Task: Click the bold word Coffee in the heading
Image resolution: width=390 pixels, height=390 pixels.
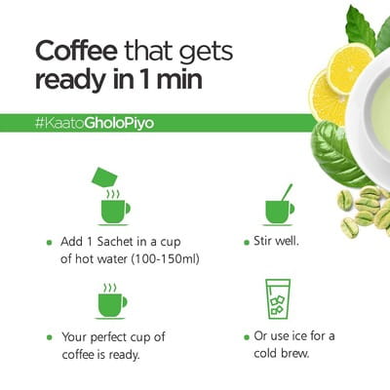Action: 76,51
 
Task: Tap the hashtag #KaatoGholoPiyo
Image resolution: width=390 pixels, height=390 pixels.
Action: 95,123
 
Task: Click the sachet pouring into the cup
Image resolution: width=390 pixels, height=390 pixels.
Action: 104,177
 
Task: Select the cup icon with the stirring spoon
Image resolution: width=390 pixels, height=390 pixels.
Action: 279,206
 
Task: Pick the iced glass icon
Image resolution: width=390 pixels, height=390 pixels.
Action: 277,299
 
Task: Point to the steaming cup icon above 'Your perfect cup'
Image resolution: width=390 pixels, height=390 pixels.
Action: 111,301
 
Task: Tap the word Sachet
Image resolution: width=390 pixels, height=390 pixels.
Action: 115,242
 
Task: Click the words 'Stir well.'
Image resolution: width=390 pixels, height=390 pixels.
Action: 276,241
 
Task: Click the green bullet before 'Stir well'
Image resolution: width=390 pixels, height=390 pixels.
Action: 247,242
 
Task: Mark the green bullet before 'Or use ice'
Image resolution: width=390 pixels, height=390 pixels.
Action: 247,337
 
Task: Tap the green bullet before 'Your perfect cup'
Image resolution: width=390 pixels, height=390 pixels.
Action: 50,337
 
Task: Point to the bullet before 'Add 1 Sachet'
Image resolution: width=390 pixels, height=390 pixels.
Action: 50,242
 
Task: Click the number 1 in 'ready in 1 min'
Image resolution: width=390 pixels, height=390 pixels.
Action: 143,79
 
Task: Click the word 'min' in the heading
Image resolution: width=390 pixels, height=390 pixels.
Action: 179,79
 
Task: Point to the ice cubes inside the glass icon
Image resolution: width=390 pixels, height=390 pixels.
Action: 277,305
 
